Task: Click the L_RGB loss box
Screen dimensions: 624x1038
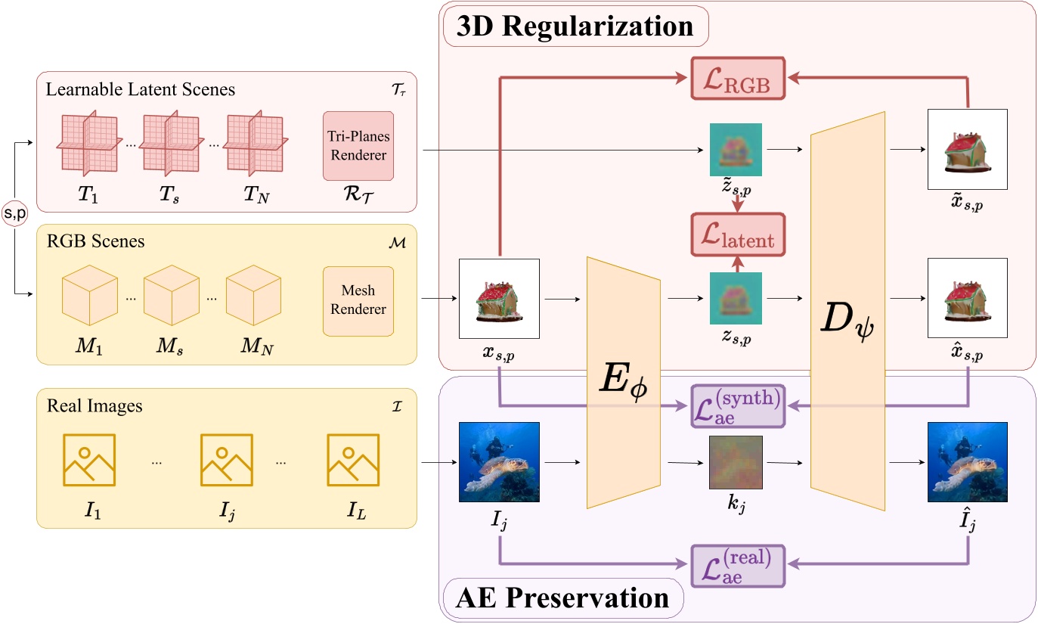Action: (x=739, y=79)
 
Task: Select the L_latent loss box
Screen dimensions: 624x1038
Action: (x=738, y=234)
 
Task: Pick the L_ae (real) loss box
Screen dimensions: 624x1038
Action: (x=739, y=566)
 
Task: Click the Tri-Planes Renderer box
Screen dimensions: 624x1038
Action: (x=358, y=146)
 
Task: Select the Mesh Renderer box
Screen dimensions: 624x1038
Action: (x=358, y=300)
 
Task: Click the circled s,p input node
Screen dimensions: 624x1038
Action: (x=14, y=214)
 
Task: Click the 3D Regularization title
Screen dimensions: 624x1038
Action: (x=575, y=26)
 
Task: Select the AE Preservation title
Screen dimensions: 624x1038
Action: (x=563, y=598)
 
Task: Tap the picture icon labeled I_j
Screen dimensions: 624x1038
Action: (x=226, y=460)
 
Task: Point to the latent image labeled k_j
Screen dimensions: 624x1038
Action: (x=735, y=463)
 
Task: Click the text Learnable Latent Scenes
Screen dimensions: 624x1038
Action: (x=141, y=90)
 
